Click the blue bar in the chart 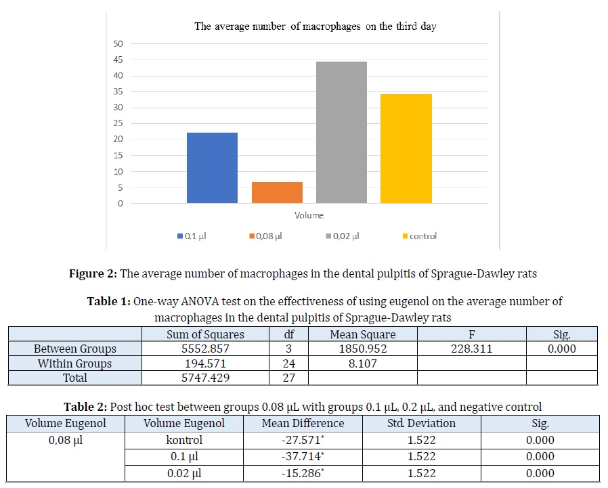coord(212,168)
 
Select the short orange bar coord(277,193)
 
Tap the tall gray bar coord(341,133)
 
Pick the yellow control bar coord(406,148)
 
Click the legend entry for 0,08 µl coord(267,236)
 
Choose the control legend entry coord(420,236)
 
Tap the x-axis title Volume coord(309,215)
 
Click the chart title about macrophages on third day coord(315,26)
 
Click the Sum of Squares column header coord(205,334)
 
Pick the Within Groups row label coord(75,363)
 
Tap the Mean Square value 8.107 coord(362,363)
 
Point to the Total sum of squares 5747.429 coord(205,378)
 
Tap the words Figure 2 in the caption coord(95,273)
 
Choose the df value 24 coord(289,363)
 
